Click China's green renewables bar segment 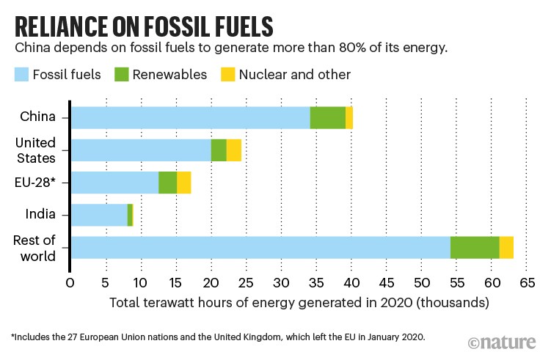(x=327, y=117)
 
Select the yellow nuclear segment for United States (x=233, y=150)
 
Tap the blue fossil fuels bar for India (x=98, y=215)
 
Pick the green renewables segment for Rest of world (x=474, y=248)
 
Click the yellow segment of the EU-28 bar (x=183, y=183)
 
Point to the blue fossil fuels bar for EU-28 (x=114, y=183)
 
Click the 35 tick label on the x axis (x=316, y=282)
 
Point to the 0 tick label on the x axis (x=70, y=282)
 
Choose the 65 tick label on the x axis (x=527, y=282)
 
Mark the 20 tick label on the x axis (x=211, y=282)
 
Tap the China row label (x=38, y=117)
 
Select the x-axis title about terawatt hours (x=299, y=302)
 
